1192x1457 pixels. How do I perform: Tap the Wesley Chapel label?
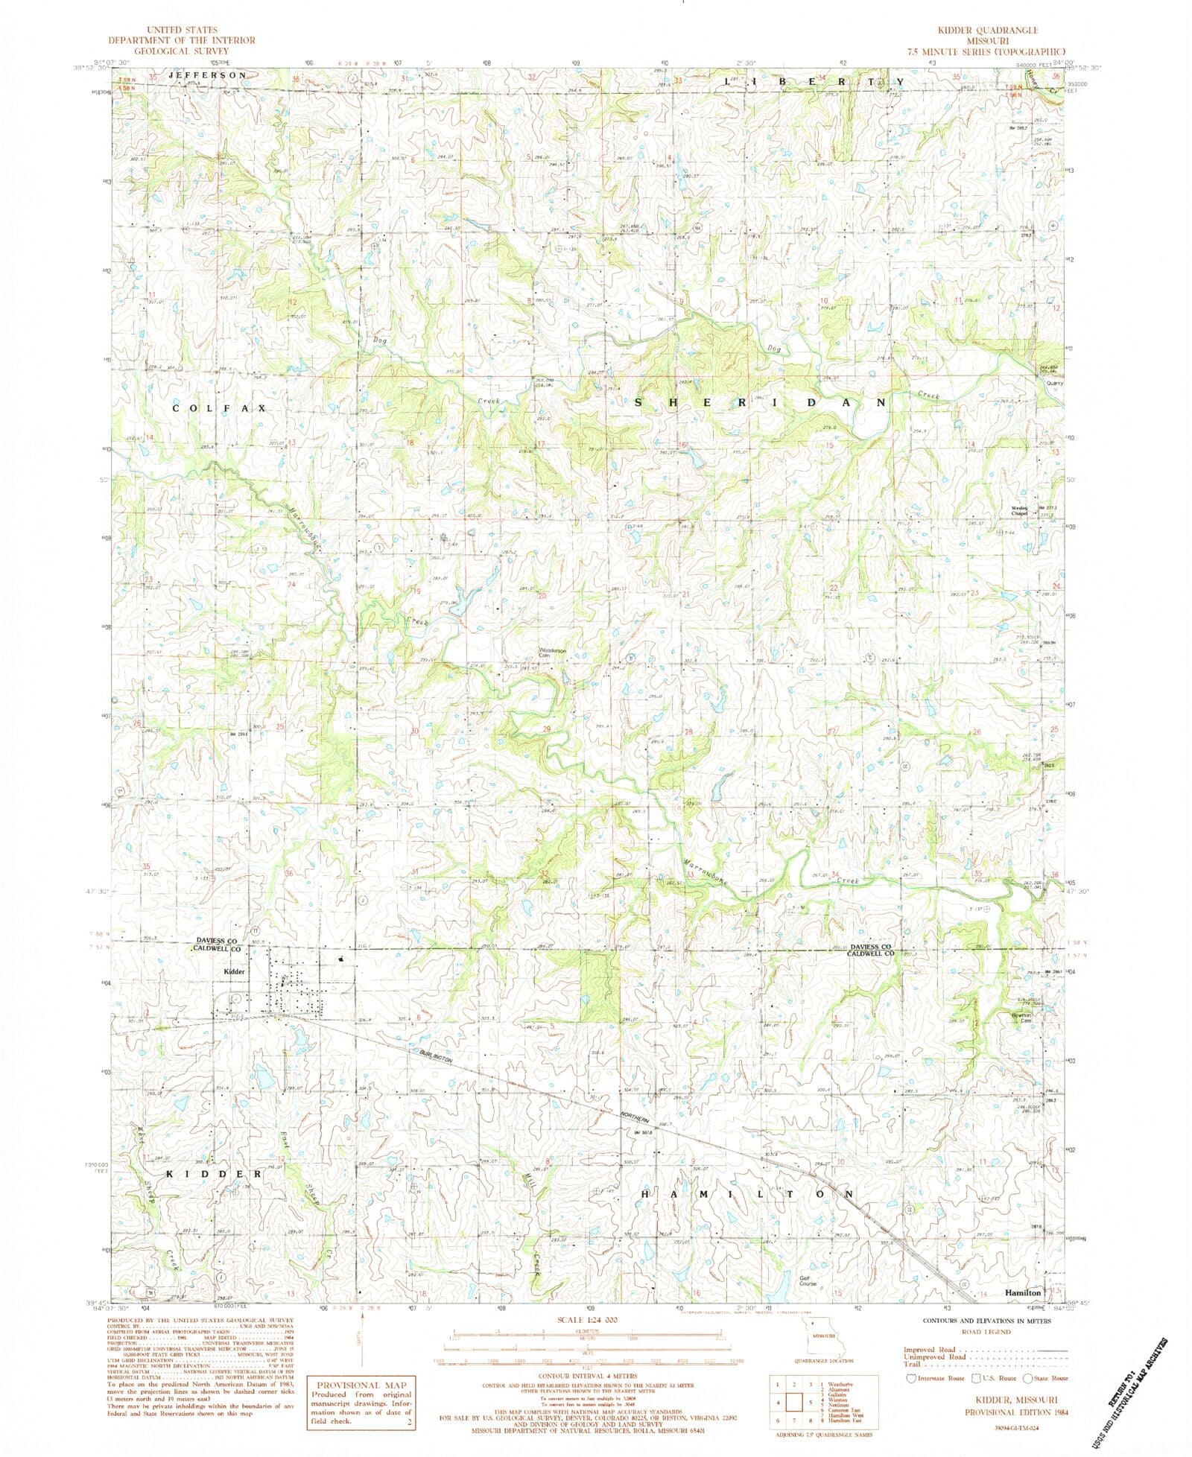(x=1019, y=511)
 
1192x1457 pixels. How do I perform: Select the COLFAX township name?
(x=218, y=409)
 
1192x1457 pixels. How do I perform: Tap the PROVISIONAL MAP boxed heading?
(x=359, y=1385)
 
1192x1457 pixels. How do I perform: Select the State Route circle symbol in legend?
(x=1037, y=1378)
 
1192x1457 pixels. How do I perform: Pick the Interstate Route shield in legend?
(x=910, y=1378)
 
